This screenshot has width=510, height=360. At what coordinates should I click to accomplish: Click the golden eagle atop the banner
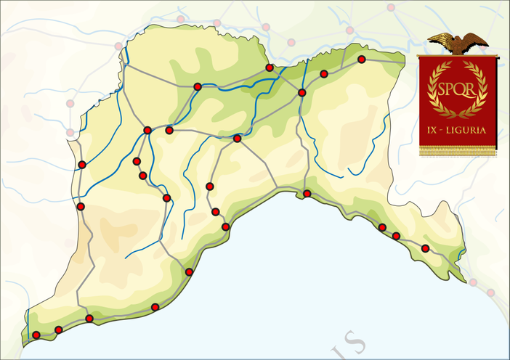(458, 43)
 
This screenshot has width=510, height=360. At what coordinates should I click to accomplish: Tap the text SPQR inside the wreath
(457, 89)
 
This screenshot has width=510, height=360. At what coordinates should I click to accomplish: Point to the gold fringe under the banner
(458, 151)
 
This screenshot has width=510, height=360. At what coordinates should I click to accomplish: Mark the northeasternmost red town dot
(361, 60)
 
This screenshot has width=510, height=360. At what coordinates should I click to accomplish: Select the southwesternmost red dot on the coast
(36, 335)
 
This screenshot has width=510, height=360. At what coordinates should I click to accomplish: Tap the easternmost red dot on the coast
(425, 248)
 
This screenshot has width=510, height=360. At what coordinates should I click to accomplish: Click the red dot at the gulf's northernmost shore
(307, 193)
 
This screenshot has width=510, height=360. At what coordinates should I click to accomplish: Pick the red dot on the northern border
(270, 67)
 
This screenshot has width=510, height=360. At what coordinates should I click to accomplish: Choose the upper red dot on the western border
(82, 165)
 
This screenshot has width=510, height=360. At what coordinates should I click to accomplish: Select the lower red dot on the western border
(81, 207)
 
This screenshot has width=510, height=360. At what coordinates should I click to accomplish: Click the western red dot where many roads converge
(147, 131)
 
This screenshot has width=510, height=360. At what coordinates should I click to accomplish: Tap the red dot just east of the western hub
(169, 131)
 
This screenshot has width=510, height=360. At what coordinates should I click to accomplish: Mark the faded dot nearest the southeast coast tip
(474, 282)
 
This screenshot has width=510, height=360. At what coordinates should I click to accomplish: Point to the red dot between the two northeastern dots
(324, 74)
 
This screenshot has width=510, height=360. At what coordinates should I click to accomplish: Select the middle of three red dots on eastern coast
(396, 236)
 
